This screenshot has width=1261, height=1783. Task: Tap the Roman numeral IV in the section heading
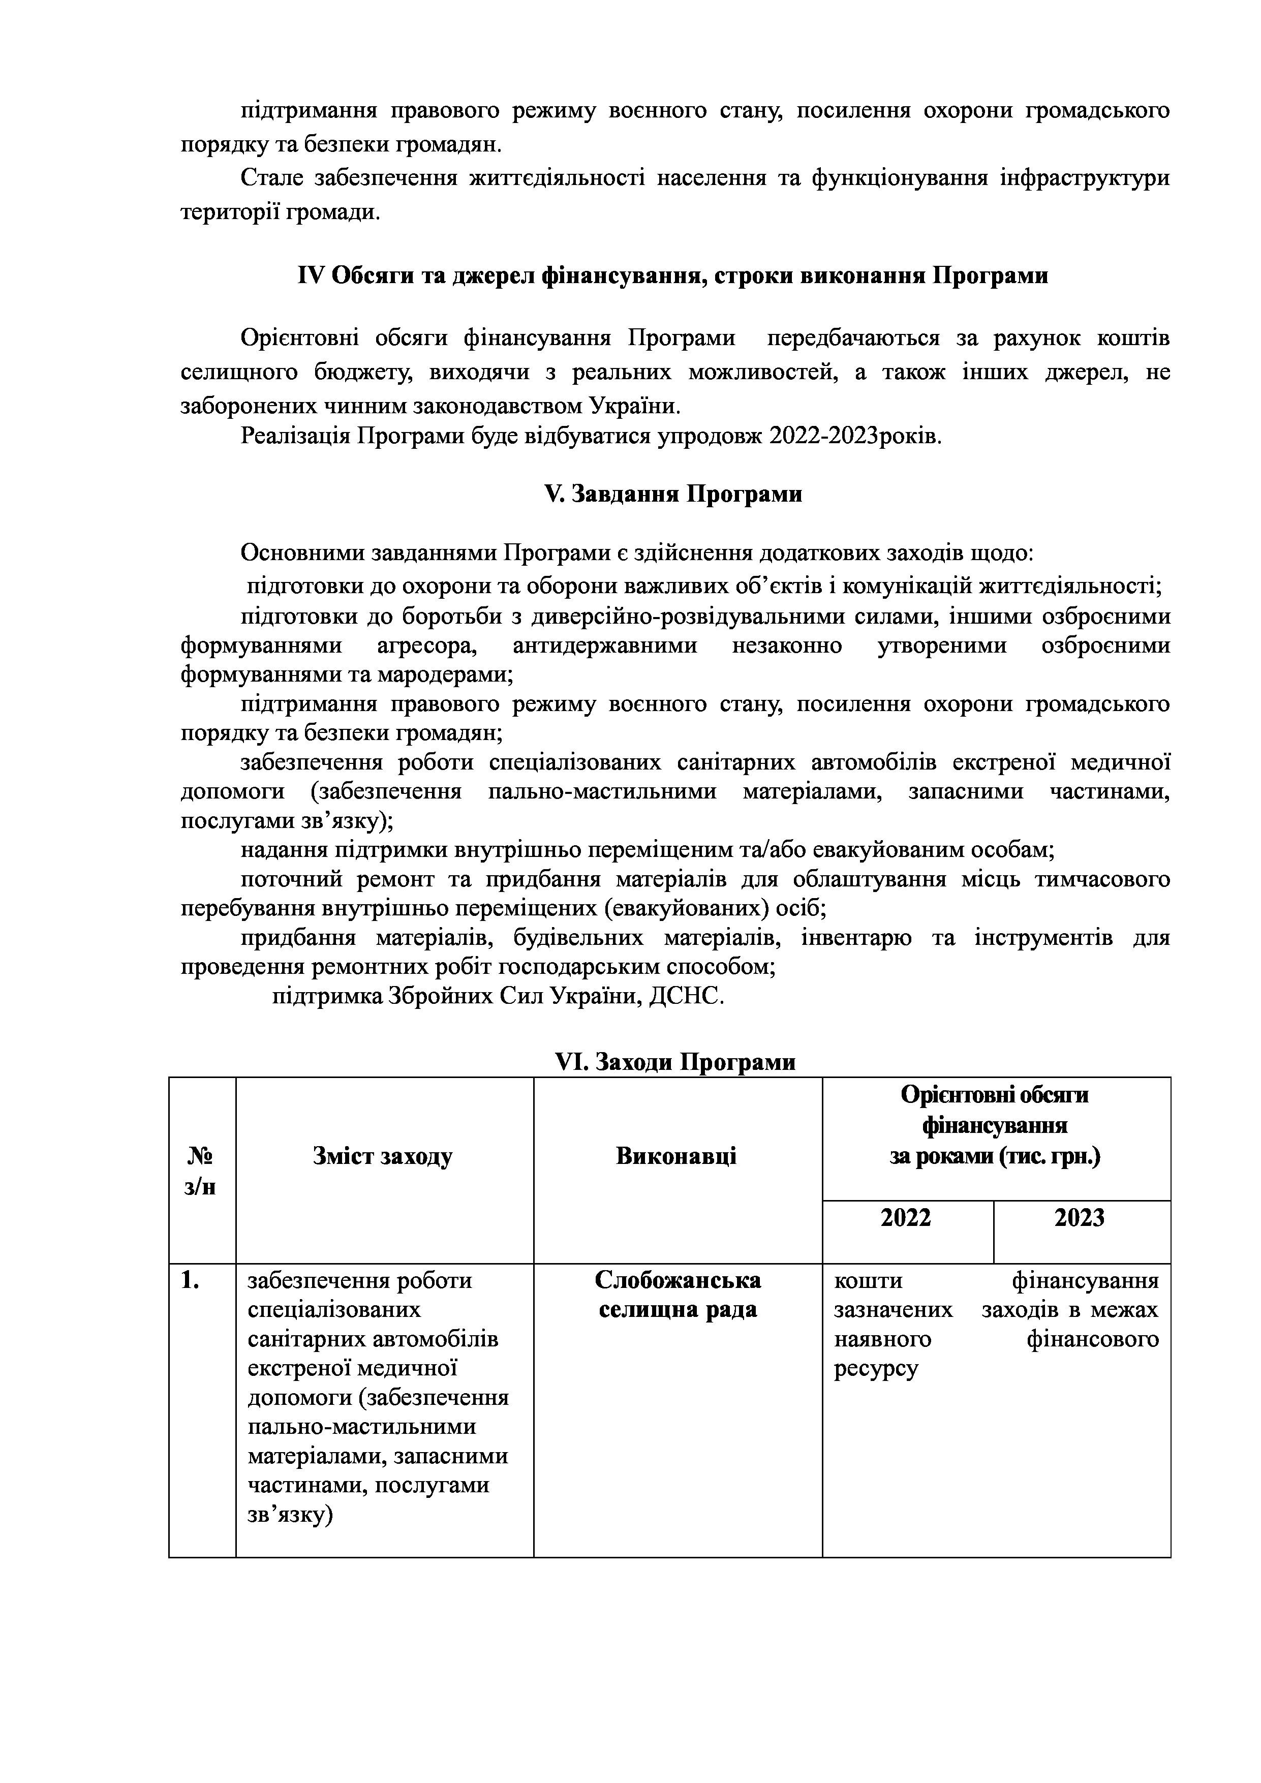310,275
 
